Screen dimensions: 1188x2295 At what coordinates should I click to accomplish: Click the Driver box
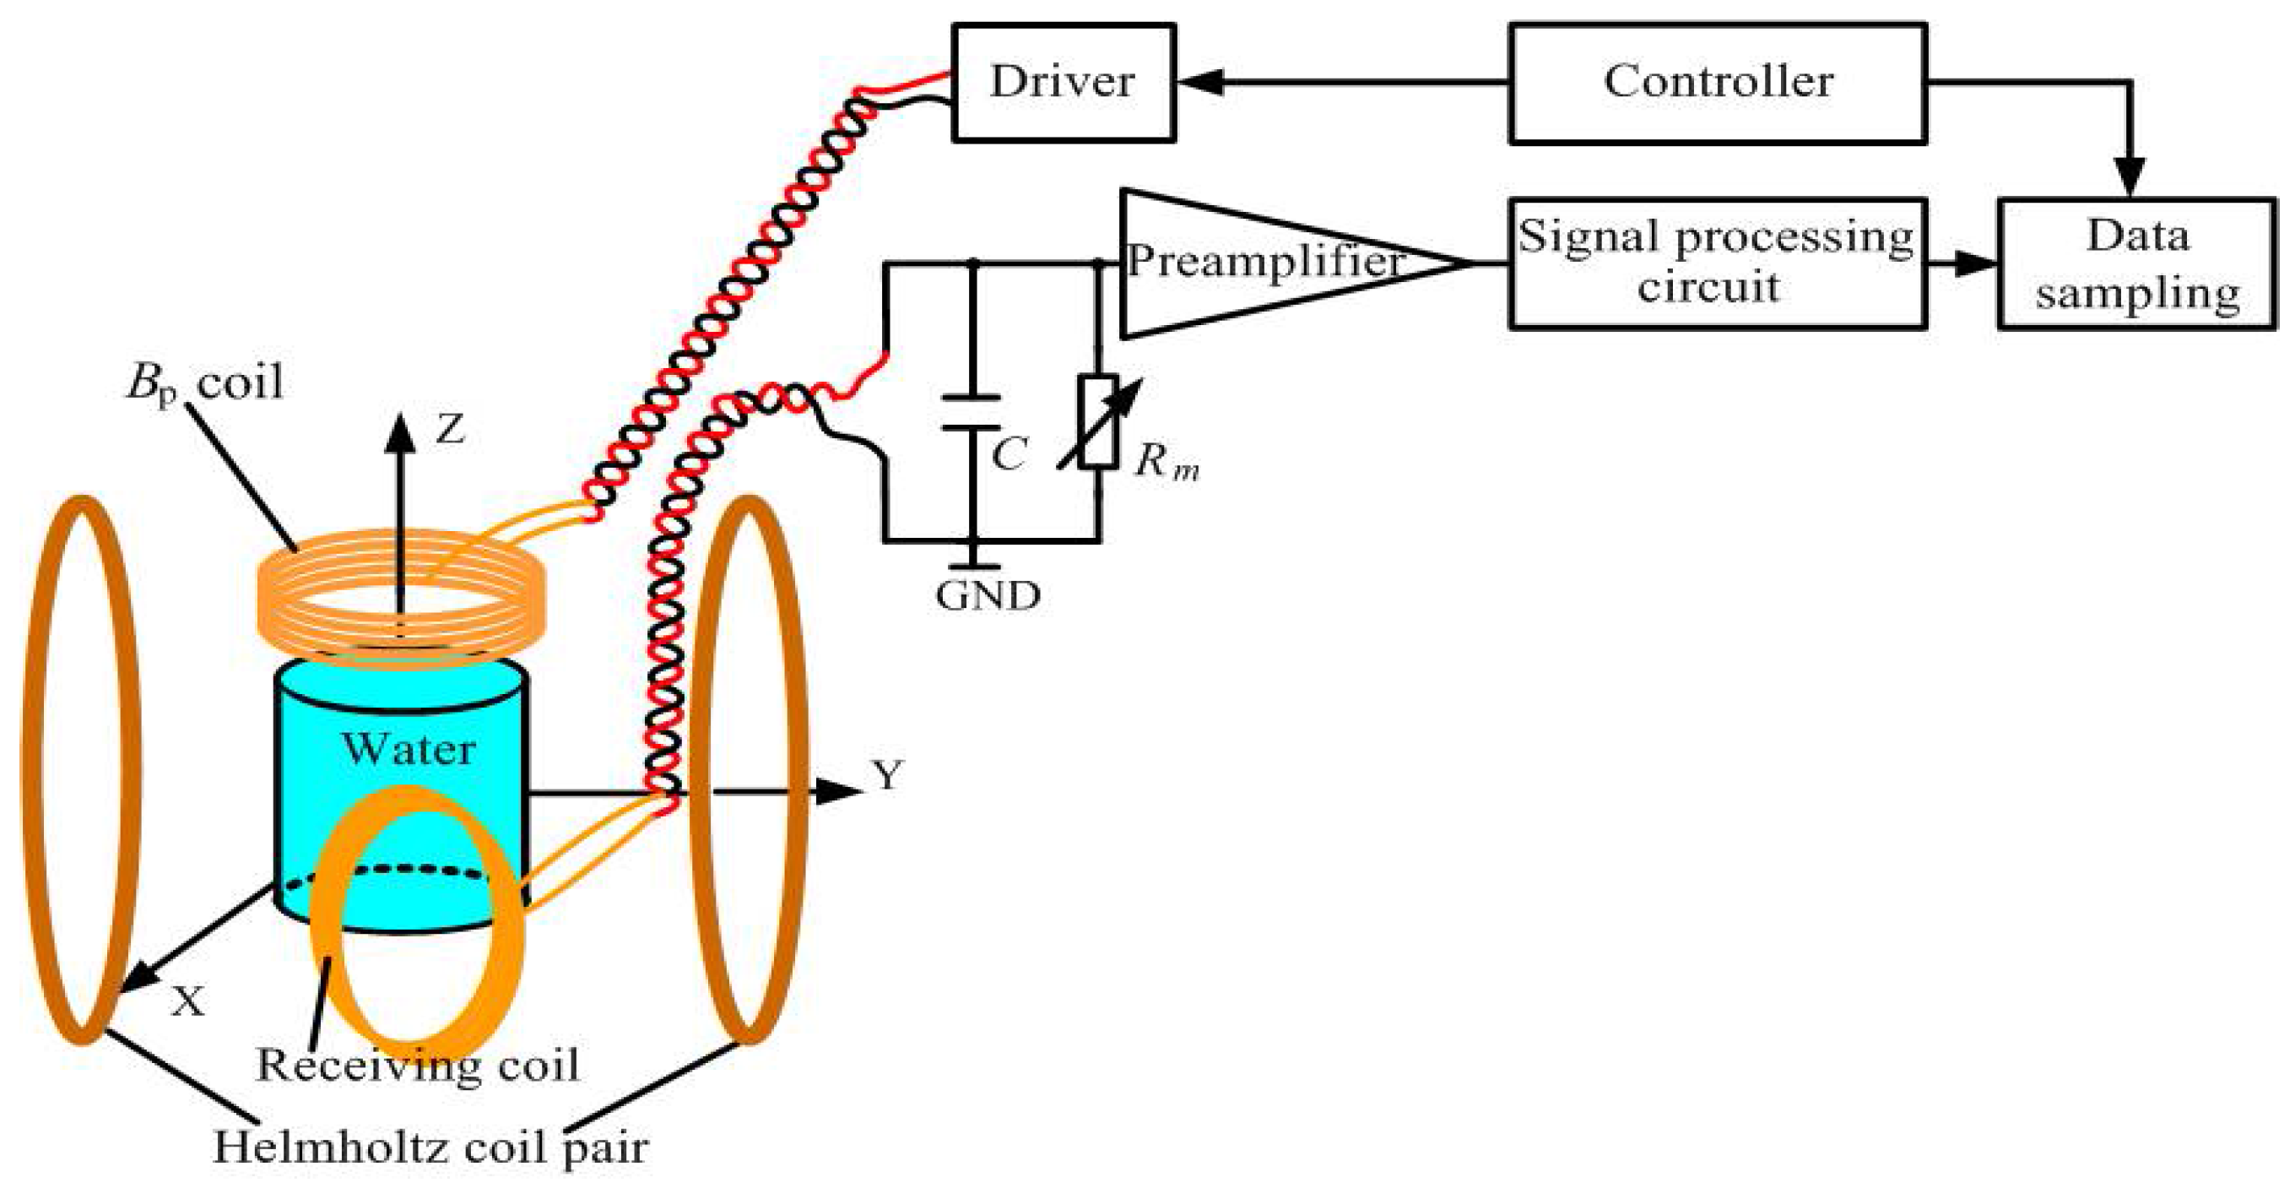(x=1063, y=82)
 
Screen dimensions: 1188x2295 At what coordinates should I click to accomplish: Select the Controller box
(x=1718, y=82)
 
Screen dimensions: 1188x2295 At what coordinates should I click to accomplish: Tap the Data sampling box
(x=2136, y=264)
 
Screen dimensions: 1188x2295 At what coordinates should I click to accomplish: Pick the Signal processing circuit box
(x=1716, y=263)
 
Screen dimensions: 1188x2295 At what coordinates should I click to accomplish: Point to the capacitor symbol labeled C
(x=972, y=412)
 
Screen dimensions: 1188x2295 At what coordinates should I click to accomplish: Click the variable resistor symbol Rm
(x=1097, y=421)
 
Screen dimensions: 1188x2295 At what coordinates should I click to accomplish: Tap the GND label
(x=988, y=595)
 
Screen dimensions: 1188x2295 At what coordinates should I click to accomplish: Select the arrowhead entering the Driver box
(x=1199, y=82)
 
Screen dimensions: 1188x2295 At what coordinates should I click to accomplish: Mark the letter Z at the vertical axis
(x=451, y=431)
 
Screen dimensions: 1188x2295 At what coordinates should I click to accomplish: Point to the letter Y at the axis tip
(x=887, y=774)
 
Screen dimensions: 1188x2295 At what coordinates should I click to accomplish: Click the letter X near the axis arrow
(x=188, y=1002)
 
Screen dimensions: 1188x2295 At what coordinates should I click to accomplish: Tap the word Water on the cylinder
(x=408, y=749)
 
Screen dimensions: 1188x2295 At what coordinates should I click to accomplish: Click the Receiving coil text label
(x=417, y=1065)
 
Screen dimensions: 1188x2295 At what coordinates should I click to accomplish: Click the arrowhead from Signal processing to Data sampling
(x=1976, y=263)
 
